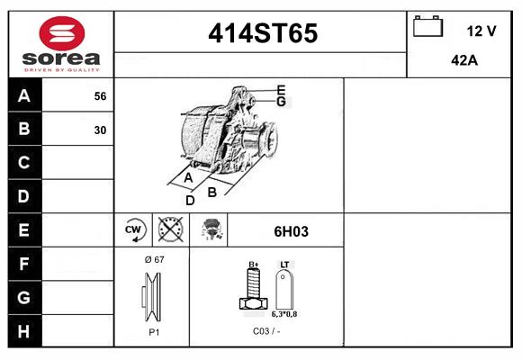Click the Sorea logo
click(61, 44)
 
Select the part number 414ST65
click(262, 33)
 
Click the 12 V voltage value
click(481, 31)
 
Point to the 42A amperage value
click(463, 60)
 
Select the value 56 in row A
click(100, 96)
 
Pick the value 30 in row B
click(100, 130)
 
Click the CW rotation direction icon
click(134, 230)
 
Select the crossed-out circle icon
click(169, 230)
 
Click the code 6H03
click(291, 231)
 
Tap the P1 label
click(153, 332)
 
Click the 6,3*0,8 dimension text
click(284, 314)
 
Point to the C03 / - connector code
click(266, 332)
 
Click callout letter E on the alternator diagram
click(281, 90)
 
